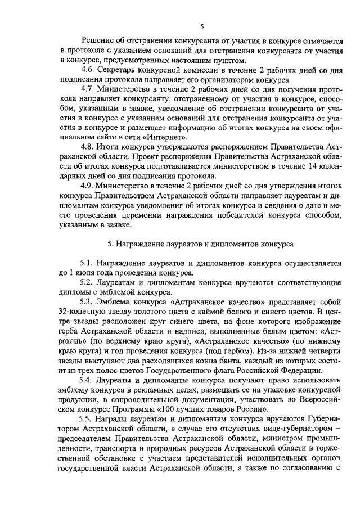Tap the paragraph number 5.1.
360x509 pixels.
pyautogui.click(x=88, y=263)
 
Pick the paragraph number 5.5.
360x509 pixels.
pyautogui.click(x=88, y=418)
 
